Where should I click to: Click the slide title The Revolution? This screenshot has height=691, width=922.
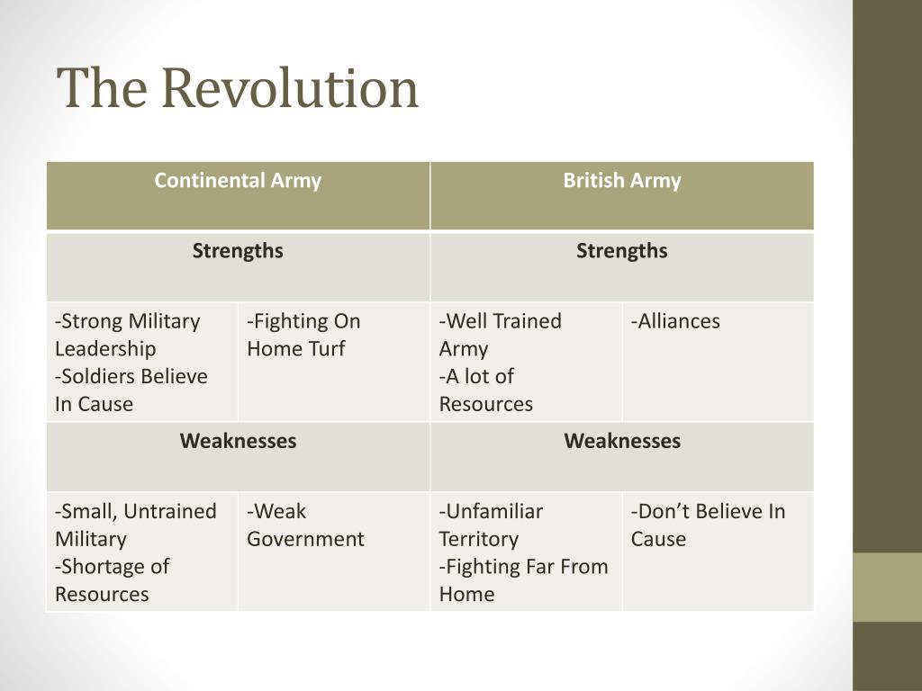point(238,88)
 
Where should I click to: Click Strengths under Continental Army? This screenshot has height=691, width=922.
point(238,251)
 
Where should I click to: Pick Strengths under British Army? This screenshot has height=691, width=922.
point(622,251)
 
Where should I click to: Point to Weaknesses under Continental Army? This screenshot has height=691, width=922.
point(238,441)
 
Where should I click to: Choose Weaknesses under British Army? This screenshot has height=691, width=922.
point(622,441)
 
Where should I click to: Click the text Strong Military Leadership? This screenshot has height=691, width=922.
point(128,335)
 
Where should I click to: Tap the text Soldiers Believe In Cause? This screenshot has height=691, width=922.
point(131,390)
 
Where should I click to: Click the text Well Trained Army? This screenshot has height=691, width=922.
point(501,335)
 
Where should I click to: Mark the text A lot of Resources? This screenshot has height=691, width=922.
point(486,390)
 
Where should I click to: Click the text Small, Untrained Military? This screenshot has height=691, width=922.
point(136,525)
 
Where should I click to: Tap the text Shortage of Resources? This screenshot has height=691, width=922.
point(113,580)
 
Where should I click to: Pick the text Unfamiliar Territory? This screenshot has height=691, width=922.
point(491,525)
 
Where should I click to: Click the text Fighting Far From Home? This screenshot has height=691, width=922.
point(524,580)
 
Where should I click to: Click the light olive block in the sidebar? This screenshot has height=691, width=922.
point(887,587)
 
